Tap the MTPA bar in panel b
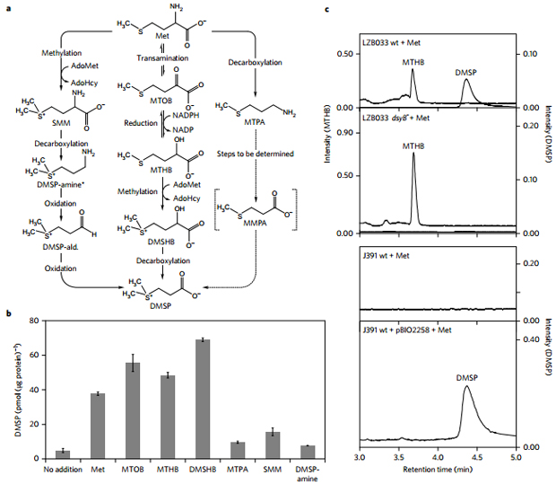pyautogui.click(x=237, y=450)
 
